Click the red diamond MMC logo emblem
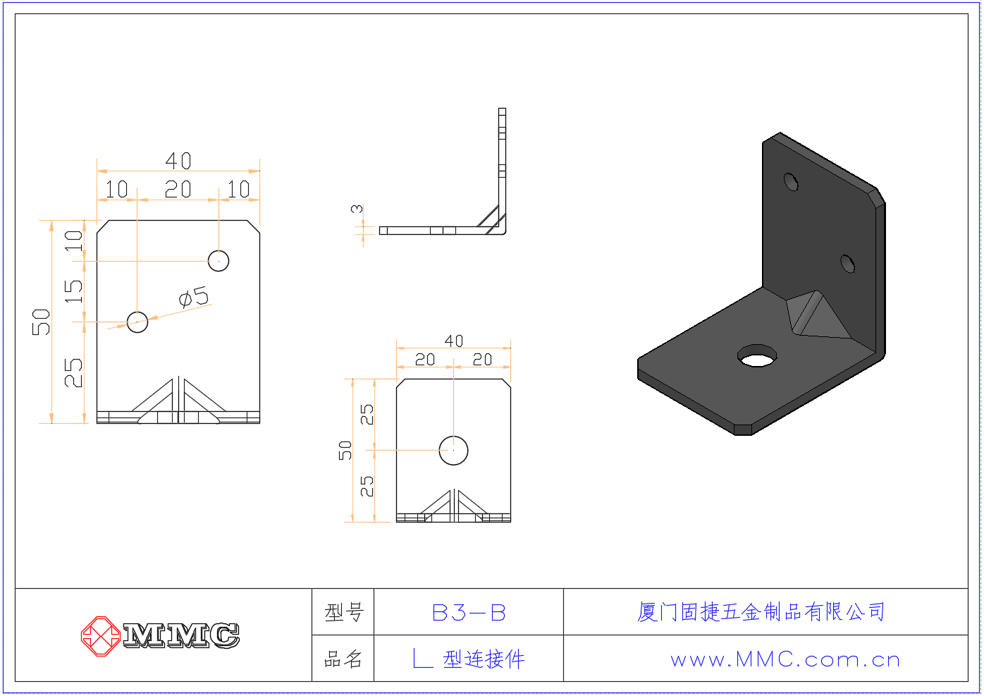(x=101, y=636)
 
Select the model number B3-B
(x=469, y=613)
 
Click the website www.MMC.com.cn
(x=785, y=660)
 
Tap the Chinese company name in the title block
(x=761, y=612)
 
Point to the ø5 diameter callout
(x=194, y=297)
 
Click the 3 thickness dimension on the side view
(x=357, y=209)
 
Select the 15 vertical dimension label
(x=73, y=291)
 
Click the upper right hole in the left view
(x=219, y=261)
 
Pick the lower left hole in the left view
(x=137, y=322)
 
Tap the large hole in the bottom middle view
(x=453, y=451)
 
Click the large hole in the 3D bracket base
(x=756, y=355)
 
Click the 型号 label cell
(x=344, y=613)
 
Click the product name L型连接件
(x=469, y=659)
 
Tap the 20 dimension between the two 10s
(x=178, y=190)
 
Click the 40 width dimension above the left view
(x=178, y=161)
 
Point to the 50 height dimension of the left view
(x=41, y=322)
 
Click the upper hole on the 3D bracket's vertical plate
(x=791, y=182)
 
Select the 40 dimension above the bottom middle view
(x=454, y=341)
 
